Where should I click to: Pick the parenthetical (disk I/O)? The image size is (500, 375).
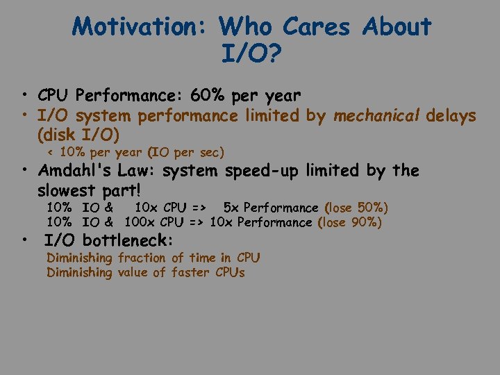tap(78, 133)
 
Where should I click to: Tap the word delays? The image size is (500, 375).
tap(451, 115)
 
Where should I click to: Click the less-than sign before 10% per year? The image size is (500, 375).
tap(50, 152)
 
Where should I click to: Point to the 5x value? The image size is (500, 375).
tap(231, 208)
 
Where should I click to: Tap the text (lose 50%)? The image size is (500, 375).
tap(356, 208)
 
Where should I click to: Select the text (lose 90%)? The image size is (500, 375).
tap(349, 222)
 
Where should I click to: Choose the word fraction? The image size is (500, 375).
tap(142, 258)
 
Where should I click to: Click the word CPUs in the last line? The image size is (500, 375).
tap(230, 272)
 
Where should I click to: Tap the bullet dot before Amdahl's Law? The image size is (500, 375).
tap(25, 170)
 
